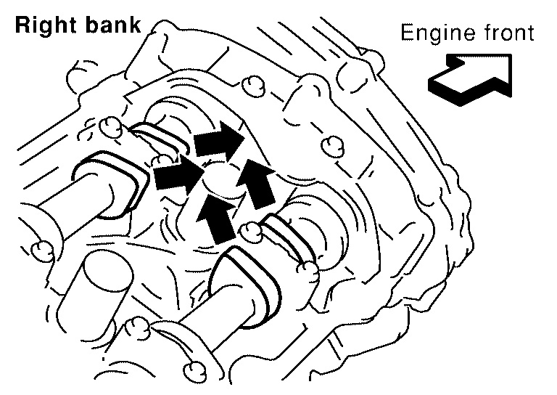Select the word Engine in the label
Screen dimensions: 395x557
point(429,33)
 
